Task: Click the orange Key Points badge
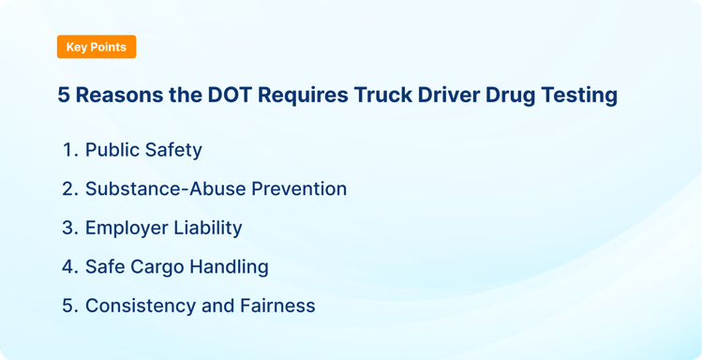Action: [97, 47]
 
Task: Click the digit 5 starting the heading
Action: [64, 96]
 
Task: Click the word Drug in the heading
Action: [506, 96]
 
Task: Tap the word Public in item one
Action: [112, 150]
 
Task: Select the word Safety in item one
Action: [173, 150]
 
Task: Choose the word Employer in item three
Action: [126, 228]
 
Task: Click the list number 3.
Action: [68, 228]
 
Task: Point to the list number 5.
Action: [68, 306]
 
